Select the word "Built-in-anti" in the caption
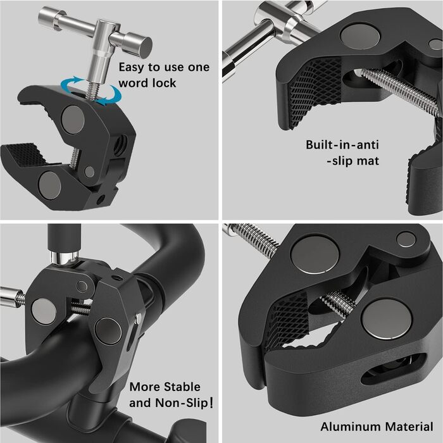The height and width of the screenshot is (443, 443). [x=342, y=145]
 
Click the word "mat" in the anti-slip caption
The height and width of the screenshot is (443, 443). [x=368, y=161]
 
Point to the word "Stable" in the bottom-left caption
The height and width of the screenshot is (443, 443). [x=182, y=387]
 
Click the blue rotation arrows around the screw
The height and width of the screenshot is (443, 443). [x=92, y=91]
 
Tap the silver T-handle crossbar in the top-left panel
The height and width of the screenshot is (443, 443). [x=95, y=30]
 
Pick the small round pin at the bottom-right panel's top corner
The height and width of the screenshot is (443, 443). [x=406, y=239]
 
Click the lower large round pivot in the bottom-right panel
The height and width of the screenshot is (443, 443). [x=387, y=318]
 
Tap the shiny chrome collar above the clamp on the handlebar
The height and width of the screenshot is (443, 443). [x=65, y=258]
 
